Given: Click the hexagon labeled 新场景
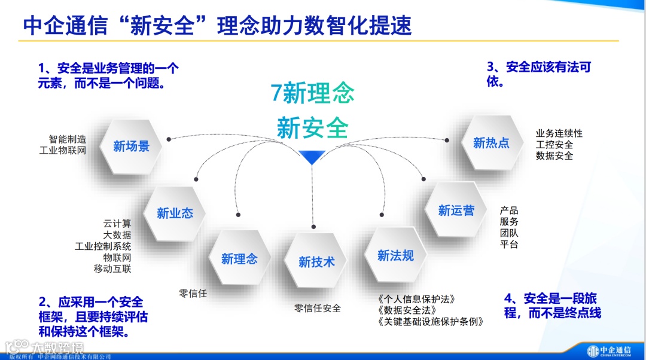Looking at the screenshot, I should (x=131, y=146).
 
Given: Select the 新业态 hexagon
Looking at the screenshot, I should (x=175, y=213).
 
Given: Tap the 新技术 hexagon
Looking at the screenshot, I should (x=316, y=261).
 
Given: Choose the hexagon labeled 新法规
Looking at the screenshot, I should (x=395, y=255).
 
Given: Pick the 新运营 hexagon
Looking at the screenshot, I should (x=456, y=210).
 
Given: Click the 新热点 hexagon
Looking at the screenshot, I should (x=491, y=142).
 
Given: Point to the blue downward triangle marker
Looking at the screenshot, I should (x=312, y=157).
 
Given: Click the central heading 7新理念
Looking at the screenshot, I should (x=312, y=93).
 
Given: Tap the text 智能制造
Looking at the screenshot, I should (x=68, y=139).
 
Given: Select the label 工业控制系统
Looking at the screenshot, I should (x=103, y=246).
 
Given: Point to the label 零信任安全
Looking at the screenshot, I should (x=317, y=309).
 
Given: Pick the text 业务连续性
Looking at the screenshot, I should (x=559, y=133).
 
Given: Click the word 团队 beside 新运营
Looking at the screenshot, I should (x=509, y=233).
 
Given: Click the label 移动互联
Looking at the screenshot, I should (x=112, y=269).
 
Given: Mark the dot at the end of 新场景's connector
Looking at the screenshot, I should (x=169, y=139).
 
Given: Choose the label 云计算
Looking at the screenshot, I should (x=117, y=224).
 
